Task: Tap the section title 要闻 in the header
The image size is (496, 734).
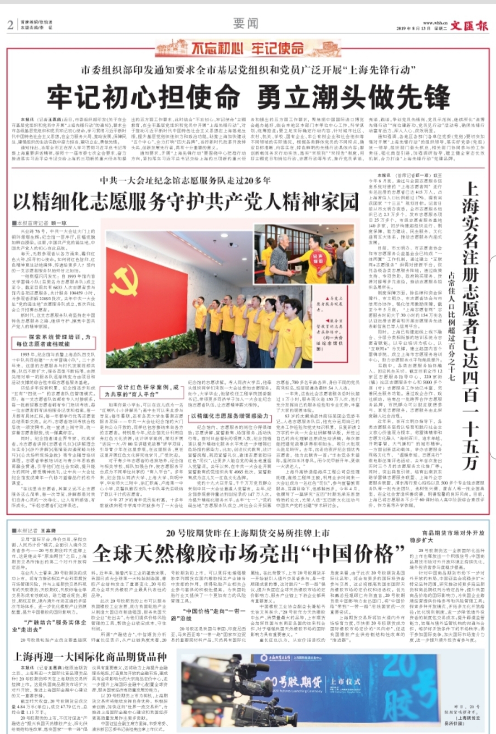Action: point(246,23)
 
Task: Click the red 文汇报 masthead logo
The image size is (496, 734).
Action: point(469,26)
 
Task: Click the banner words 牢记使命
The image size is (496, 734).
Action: point(277,48)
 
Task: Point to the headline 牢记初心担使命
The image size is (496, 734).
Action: point(144,97)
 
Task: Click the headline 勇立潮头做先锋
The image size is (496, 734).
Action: point(353,97)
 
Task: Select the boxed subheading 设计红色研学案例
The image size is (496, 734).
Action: point(141,391)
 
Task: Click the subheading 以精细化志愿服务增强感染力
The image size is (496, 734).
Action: point(230,416)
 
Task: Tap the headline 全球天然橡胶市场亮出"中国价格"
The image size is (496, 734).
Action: point(248,553)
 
